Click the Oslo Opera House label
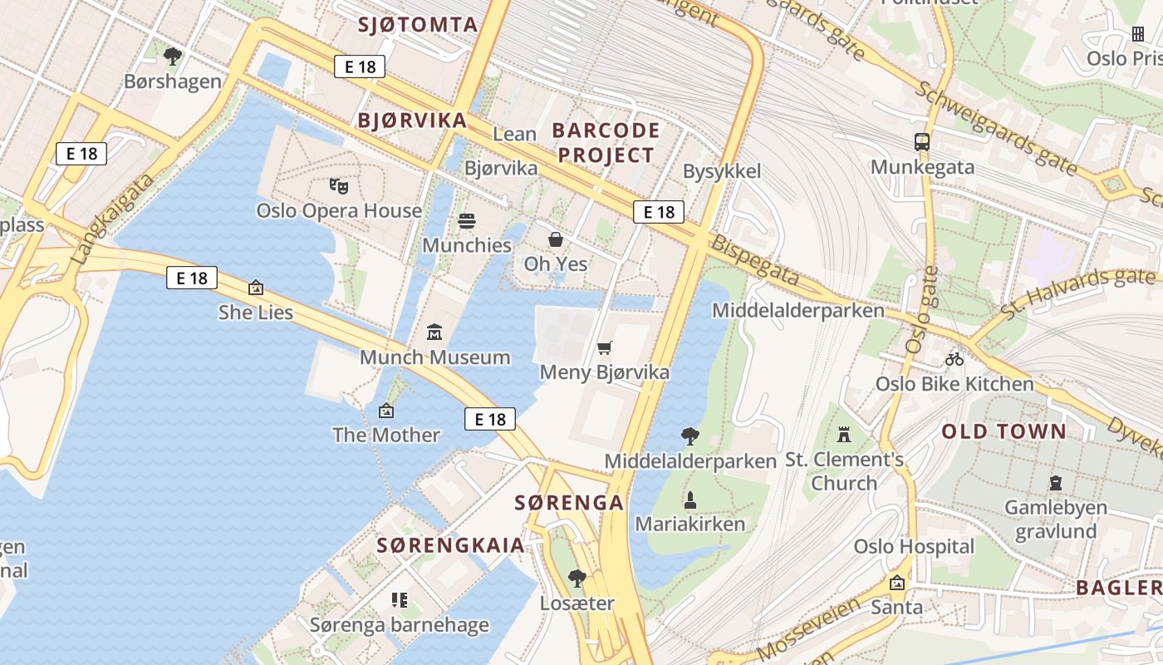point(339,210)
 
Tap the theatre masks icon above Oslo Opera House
point(336,185)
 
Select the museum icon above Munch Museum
point(434,332)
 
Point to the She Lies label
point(256,312)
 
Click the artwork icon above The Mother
point(385,410)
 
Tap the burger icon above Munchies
point(467,221)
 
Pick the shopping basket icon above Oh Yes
point(556,239)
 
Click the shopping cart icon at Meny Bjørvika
point(604,347)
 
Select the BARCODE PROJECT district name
point(606,142)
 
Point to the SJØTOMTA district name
point(418,24)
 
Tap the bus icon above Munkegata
point(921,142)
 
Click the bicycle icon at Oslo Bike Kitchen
point(954,359)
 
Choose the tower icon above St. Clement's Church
point(844,434)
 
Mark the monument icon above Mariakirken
point(689,500)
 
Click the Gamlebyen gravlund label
point(1056,519)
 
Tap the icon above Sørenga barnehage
point(400,599)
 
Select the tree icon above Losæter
point(577,579)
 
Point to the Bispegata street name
point(754,261)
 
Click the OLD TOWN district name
point(1004,431)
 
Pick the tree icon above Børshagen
point(173,57)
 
